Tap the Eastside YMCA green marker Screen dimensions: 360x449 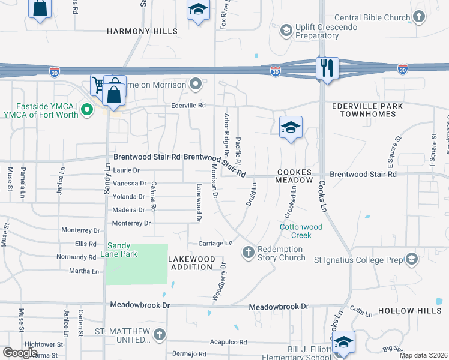87,110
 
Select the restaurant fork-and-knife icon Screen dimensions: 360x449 327,68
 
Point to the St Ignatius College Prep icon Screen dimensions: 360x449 411,259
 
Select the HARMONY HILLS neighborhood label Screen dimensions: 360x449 142,31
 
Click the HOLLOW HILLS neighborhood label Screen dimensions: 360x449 410,311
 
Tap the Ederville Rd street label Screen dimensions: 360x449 188,105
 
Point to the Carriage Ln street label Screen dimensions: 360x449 215,243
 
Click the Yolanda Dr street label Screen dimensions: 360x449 128,197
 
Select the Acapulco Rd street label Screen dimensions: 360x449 228,342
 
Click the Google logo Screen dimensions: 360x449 20,353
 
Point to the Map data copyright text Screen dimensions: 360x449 423,355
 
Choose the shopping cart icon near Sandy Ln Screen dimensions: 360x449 98,85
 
